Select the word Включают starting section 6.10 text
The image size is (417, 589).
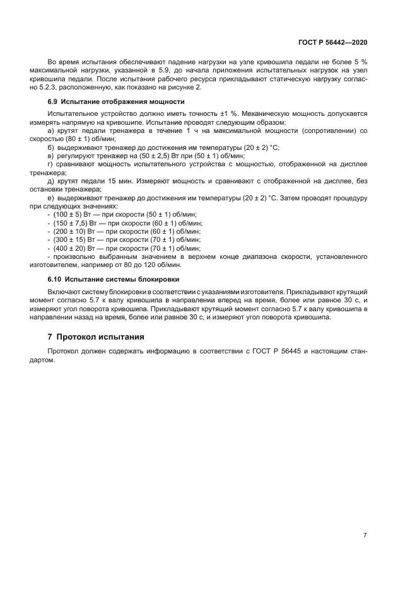click(64, 292)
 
